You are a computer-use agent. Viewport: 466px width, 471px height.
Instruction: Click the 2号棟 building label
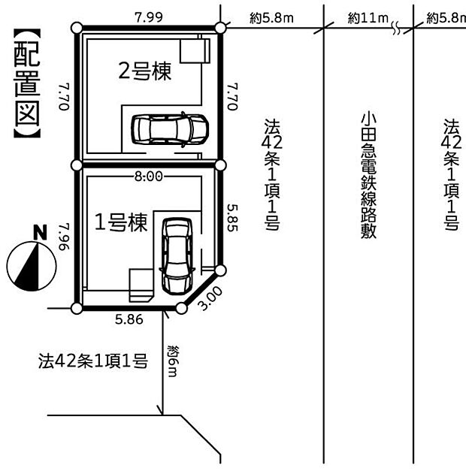click(x=144, y=71)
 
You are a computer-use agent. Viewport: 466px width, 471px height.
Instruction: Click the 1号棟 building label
click(x=120, y=223)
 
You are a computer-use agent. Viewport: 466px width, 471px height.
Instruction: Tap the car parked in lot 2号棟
click(x=169, y=129)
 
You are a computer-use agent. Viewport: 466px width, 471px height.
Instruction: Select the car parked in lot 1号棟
click(x=177, y=255)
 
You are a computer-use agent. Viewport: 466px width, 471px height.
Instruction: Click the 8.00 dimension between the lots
click(x=149, y=177)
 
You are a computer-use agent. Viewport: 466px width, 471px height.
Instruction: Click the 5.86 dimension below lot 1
click(x=129, y=319)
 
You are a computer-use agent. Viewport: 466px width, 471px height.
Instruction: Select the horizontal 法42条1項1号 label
click(x=92, y=361)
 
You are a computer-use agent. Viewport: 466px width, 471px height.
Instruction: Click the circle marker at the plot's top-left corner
click(x=75, y=29)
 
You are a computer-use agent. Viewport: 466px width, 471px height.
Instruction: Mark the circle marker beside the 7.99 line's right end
click(x=220, y=29)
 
